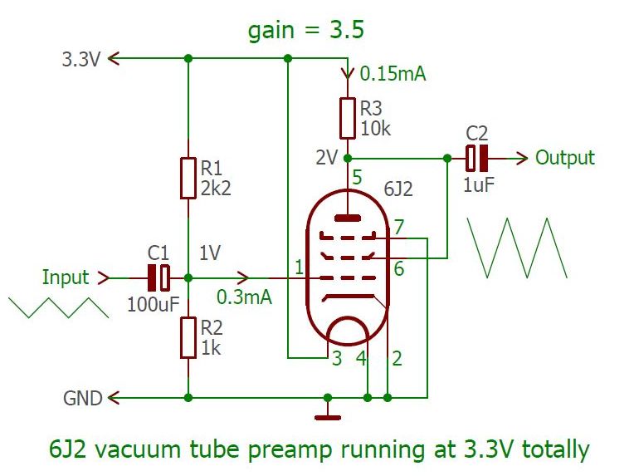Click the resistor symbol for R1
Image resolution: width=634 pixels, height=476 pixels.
(x=188, y=179)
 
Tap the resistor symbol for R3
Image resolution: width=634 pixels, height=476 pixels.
(x=348, y=118)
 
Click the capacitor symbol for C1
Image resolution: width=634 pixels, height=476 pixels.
(x=159, y=277)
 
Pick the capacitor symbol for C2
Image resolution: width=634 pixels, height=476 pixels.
(x=476, y=157)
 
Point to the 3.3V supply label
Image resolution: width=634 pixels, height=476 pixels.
(x=80, y=59)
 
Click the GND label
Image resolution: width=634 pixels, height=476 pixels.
(x=83, y=399)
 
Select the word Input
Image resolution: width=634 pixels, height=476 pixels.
(x=65, y=277)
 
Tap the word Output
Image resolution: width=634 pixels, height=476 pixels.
(x=565, y=157)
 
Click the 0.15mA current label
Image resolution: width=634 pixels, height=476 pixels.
(x=393, y=75)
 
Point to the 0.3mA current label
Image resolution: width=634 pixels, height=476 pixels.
(x=244, y=297)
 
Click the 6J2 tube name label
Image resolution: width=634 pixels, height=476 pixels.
(x=397, y=189)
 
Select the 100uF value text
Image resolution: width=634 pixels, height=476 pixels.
(x=154, y=304)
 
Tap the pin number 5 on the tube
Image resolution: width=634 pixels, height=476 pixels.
(x=357, y=177)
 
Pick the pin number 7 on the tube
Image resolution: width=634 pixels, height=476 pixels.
(x=399, y=227)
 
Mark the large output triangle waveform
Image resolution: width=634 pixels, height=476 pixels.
(x=518, y=248)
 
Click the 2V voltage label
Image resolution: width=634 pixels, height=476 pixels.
(x=326, y=157)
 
